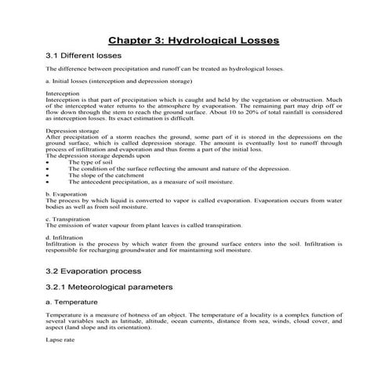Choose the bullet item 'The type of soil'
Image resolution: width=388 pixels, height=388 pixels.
91,162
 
